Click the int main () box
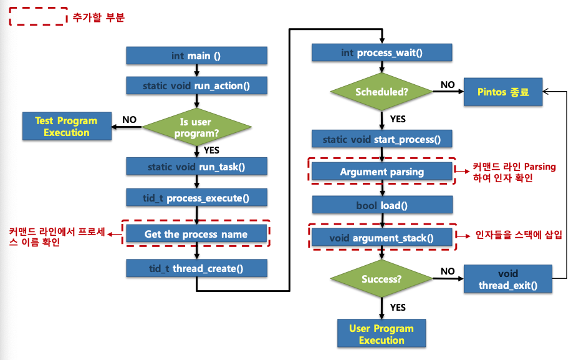(x=196, y=56)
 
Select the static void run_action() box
(x=196, y=85)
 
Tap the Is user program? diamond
(x=197, y=128)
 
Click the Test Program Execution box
(x=66, y=127)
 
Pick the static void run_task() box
(x=196, y=167)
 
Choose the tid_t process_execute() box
(x=196, y=198)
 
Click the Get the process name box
(x=196, y=235)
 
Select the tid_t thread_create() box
(x=196, y=268)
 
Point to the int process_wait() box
(x=382, y=53)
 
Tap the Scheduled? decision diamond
(x=382, y=92)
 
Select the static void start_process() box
(x=382, y=139)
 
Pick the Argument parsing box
(x=382, y=172)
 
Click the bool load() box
(x=382, y=205)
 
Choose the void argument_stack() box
(x=382, y=238)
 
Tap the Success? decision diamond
(x=382, y=279)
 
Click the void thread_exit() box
(x=507, y=280)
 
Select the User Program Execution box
(x=382, y=334)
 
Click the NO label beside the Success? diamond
(x=448, y=272)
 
